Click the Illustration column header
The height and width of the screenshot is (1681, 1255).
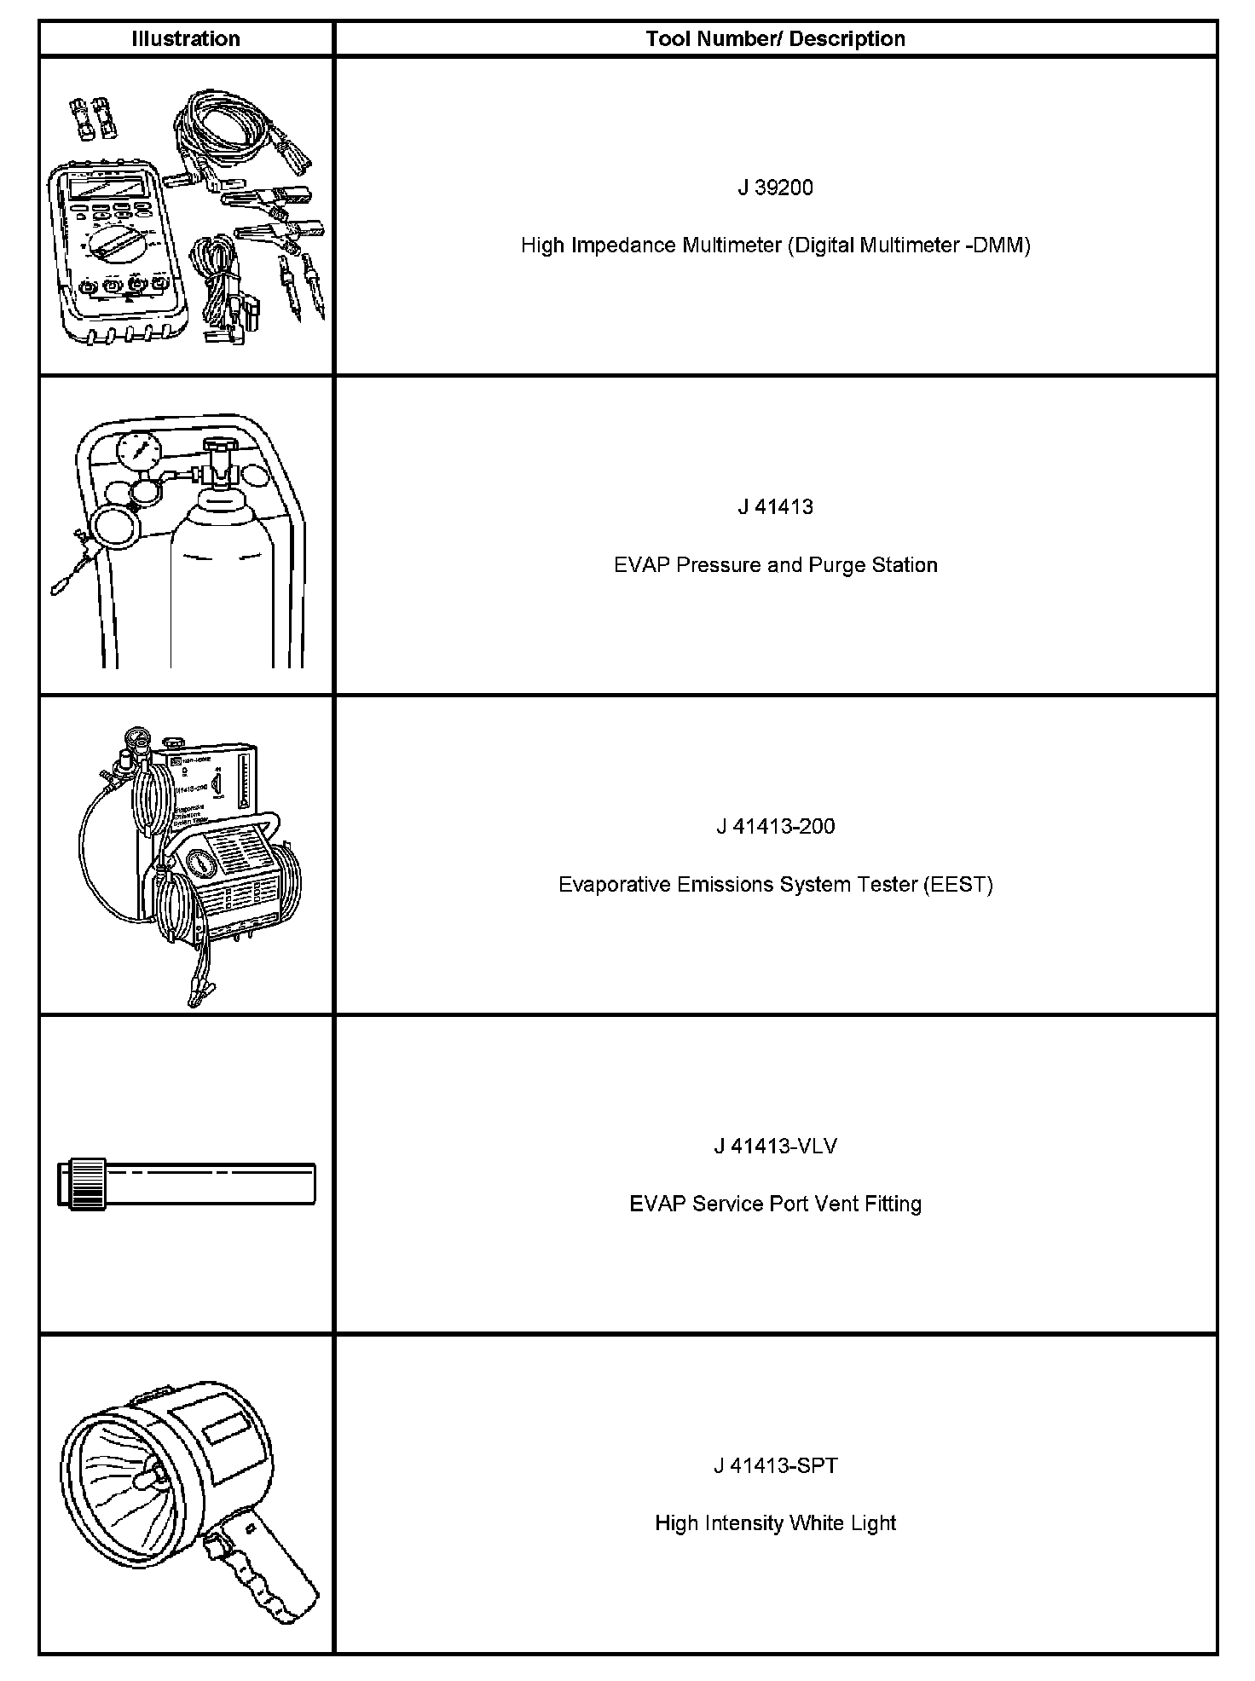tap(186, 38)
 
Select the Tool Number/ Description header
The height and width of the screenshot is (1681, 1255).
tap(775, 38)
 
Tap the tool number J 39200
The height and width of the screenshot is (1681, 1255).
tap(775, 188)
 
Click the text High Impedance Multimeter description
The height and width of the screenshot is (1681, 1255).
tap(775, 246)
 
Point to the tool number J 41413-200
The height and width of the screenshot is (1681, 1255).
tap(775, 826)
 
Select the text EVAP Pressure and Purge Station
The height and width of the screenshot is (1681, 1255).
tap(775, 565)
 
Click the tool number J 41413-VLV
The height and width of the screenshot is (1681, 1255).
tap(775, 1146)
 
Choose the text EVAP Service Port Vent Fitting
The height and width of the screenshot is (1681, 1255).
tap(775, 1204)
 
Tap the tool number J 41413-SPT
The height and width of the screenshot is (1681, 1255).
tap(775, 1465)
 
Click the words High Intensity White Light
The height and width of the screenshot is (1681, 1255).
tap(775, 1523)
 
